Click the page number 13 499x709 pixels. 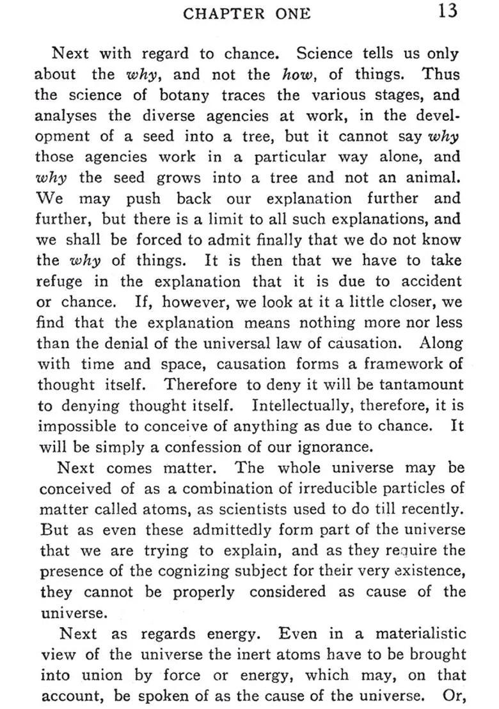448,12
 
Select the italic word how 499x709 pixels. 296,74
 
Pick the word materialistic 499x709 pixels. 420,634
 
